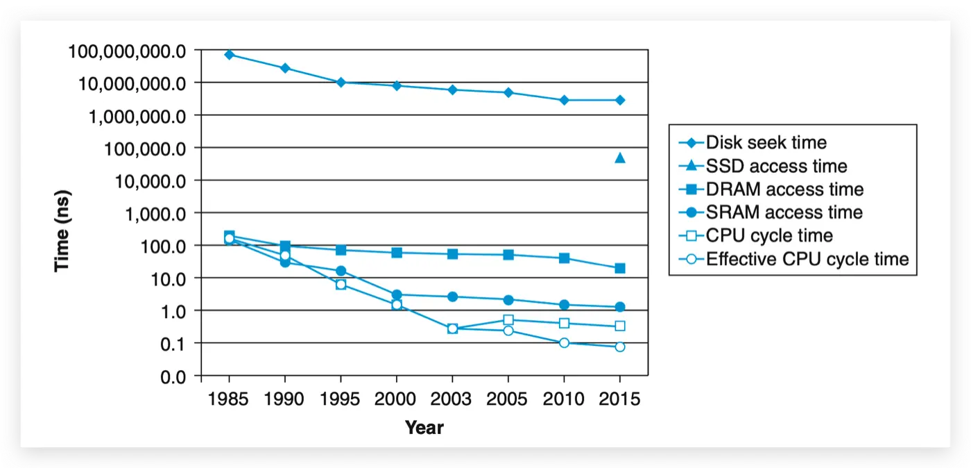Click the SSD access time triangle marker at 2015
pyautogui.click(x=620, y=158)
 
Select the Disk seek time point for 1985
pyautogui.click(x=229, y=54)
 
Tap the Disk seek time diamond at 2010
pyautogui.click(x=564, y=100)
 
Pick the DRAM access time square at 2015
pyautogui.click(x=620, y=268)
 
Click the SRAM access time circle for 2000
pyautogui.click(x=397, y=294)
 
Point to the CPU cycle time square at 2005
pyautogui.click(x=508, y=320)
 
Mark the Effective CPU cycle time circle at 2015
pyautogui.click(x=620, y=346)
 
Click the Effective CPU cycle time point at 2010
pyautogui.click(x=564, y=343)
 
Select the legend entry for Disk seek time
pyautogui.click(x=766, y=142)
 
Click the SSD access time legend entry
pyautogui.click(x=776, y=166)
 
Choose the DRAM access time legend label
pyautogui.click(x=784, y=189)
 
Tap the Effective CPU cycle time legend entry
pyautogui.click(x=807, y=259)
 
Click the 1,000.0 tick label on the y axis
pyautogui.click(x=158, y=214)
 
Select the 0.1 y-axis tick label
pyautogui.click(x=173, y=344)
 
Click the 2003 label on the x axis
pyautogui.click(x=452, y=399)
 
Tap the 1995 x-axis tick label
pyautogui.click(x=341, y=399)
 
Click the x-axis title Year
pyautogui.click(x=424, y=427)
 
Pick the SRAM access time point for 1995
pyautogui.click(x=341, y=271)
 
